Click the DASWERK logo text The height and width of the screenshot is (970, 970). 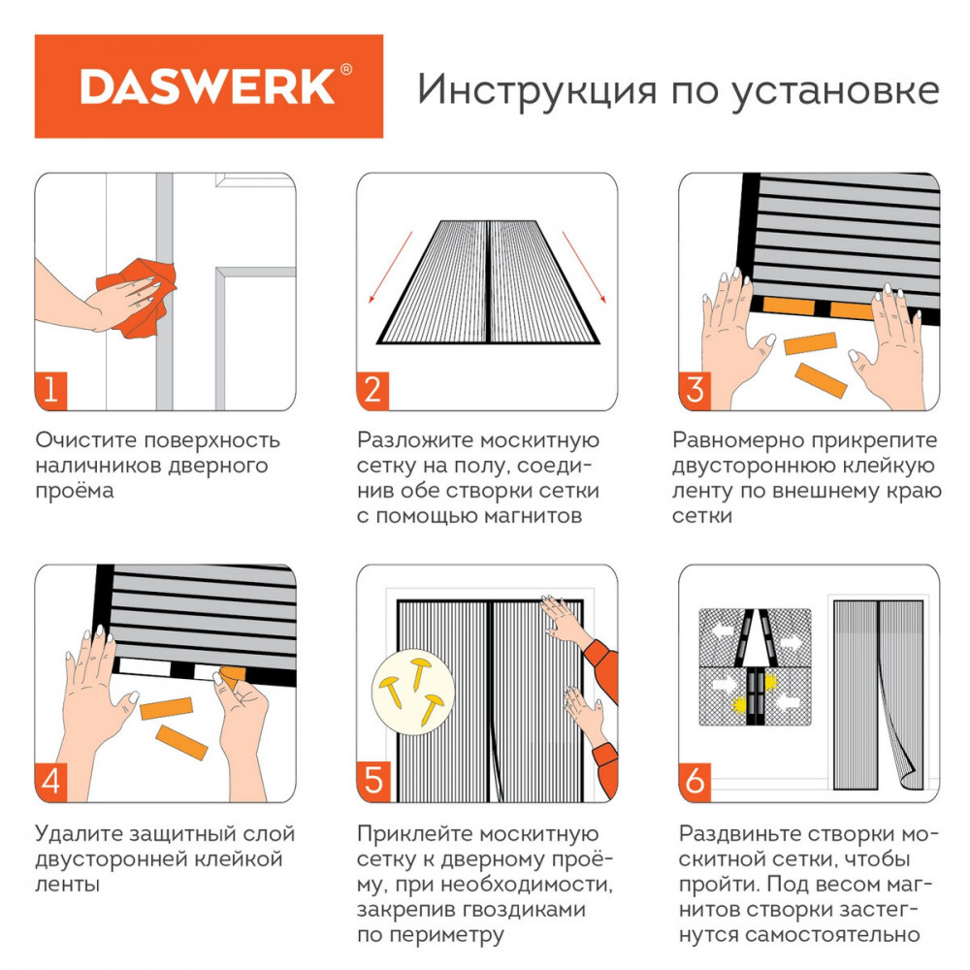coord(208,86)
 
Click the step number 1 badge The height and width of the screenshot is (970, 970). coord(50,391)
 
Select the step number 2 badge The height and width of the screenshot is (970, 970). coord(372,391)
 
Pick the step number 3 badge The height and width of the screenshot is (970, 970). coord(695,391)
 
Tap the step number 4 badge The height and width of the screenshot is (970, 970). coord(50,783)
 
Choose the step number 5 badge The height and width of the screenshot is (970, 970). coord(373,783)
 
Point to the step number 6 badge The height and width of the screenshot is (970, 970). coord(695,783)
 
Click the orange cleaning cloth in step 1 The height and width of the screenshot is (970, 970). coord(139,297)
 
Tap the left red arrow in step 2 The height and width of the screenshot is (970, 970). coord(390,268)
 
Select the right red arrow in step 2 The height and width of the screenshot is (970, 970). coord(584,268)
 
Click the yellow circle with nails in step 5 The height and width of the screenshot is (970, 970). coord(413,692)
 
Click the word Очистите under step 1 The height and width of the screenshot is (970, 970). coord(86,440)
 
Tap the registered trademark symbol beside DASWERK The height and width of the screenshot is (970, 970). coord(346,69)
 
